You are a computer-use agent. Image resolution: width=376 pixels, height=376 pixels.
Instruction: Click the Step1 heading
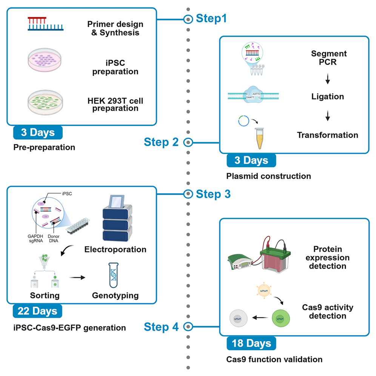click(211, 18)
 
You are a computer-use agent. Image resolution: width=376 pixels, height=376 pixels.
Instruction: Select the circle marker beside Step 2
click(188, 142)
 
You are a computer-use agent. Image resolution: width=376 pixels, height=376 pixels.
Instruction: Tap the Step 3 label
click(213, 194)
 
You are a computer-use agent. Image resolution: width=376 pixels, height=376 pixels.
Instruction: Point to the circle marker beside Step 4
click(188, 327)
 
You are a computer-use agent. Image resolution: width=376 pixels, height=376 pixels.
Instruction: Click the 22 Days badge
click(37, 311)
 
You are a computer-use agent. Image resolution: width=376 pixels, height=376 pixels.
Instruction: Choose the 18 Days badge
click(251, 343)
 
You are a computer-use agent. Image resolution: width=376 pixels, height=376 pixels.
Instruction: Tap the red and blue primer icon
click(45, 24)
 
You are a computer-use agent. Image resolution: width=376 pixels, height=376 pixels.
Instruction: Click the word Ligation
click(327, 97)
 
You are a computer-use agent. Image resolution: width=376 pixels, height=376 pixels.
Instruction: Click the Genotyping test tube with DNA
click(115, 276)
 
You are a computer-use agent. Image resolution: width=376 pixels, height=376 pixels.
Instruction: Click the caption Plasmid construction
click(268, 176)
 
